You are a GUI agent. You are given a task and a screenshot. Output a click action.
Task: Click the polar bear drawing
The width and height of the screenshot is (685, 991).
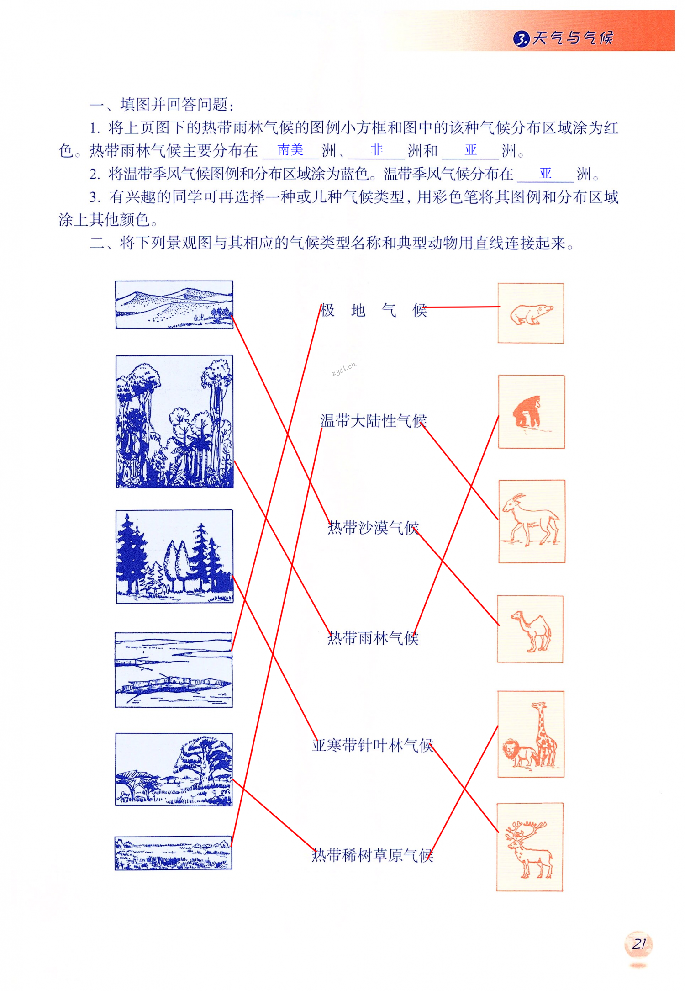[x=531, y=314]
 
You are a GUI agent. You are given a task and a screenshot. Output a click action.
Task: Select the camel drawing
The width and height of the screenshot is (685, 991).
[x=532, y=631]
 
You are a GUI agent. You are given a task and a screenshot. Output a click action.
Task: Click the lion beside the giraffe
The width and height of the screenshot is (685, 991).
[x=519, y=754]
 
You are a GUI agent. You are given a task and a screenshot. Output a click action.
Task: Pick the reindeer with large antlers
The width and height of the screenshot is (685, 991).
[x=530, y=850]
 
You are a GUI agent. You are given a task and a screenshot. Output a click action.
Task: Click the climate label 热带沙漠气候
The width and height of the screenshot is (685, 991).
[x=373, y=528]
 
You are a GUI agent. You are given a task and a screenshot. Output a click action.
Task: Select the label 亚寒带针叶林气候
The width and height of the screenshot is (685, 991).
[x=373, y=745]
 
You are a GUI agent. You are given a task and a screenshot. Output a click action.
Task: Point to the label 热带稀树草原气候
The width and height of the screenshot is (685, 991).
[x=373, y=855]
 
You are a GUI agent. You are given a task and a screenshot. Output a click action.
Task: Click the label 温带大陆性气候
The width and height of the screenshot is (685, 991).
[x=374, y=420]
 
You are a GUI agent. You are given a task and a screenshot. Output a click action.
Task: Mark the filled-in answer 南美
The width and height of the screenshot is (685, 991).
[x=290, y=149]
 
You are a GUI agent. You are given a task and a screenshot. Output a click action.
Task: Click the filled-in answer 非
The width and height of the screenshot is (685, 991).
[x=377, y=149]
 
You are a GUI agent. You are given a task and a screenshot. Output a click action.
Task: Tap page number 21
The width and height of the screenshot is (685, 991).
[x=639, y=944]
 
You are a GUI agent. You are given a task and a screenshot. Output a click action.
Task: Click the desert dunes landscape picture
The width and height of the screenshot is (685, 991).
[x=174, y=304]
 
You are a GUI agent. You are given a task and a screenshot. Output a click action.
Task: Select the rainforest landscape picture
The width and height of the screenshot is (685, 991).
[x=174, y=421]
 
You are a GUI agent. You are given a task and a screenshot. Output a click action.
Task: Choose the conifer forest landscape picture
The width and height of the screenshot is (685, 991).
[x=174, y=556]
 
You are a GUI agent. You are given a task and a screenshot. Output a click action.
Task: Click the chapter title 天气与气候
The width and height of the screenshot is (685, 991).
[x=572, y=37]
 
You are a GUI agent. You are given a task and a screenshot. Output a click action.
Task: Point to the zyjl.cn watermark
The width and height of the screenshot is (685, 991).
[x=344, y=368]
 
